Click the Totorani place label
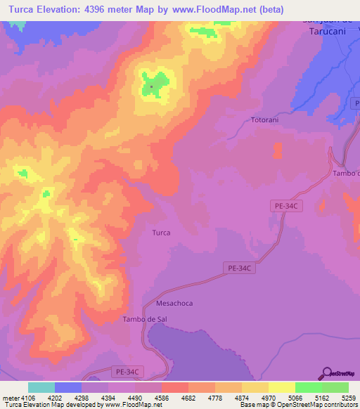click(265, 120)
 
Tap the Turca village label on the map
click(161, 232)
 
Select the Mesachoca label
click(174, 304)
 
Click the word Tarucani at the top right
click(326, 31)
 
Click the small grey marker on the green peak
click(151, 87)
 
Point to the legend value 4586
click(162, 398)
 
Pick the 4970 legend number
click(269, 398)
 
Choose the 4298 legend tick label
click(81, 398)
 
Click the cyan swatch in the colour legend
click(41, 387)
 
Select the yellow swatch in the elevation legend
click(281, 387)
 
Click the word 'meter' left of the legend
click(9, 398)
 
